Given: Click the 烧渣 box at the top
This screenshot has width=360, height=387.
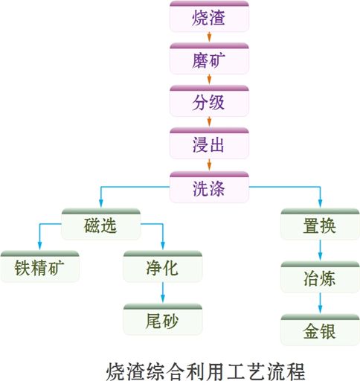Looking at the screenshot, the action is click(209, 16).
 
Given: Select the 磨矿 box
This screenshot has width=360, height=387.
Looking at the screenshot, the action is click(209, 59).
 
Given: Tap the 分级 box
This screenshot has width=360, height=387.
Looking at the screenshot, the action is click(209, 101).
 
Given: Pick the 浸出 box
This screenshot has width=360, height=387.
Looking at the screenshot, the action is click(209, 143).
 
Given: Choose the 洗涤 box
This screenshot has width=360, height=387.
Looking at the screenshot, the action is click(209, 187).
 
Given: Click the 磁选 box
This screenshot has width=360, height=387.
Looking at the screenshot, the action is click(101, 224).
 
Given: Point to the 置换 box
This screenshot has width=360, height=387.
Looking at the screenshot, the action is click(320, 224).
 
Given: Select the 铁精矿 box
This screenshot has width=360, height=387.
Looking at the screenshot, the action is click(39, 266).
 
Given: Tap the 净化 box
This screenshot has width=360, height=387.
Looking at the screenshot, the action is click(163, 266).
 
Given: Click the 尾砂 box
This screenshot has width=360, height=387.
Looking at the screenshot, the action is click(163, 319).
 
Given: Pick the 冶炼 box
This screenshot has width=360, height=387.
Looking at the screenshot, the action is click(320, 277).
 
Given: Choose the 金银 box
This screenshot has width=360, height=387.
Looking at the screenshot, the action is click(320, 330).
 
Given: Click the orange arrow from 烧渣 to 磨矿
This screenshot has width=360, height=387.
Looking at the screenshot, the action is click(209, 37).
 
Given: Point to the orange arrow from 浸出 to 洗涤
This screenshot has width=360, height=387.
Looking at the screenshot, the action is click(209, 164).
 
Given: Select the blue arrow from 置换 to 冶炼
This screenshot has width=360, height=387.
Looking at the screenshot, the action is click(320, 250).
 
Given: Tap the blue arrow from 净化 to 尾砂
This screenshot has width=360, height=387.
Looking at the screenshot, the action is click(163, 292).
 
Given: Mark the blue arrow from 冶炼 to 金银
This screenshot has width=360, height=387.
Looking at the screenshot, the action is click(320, 303).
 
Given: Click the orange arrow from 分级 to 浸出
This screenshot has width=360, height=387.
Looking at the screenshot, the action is click(209, 122).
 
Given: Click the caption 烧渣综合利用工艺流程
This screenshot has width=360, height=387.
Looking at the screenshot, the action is click(205, 371).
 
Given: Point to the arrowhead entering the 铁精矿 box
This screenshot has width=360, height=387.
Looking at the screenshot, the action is click(39, 246).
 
